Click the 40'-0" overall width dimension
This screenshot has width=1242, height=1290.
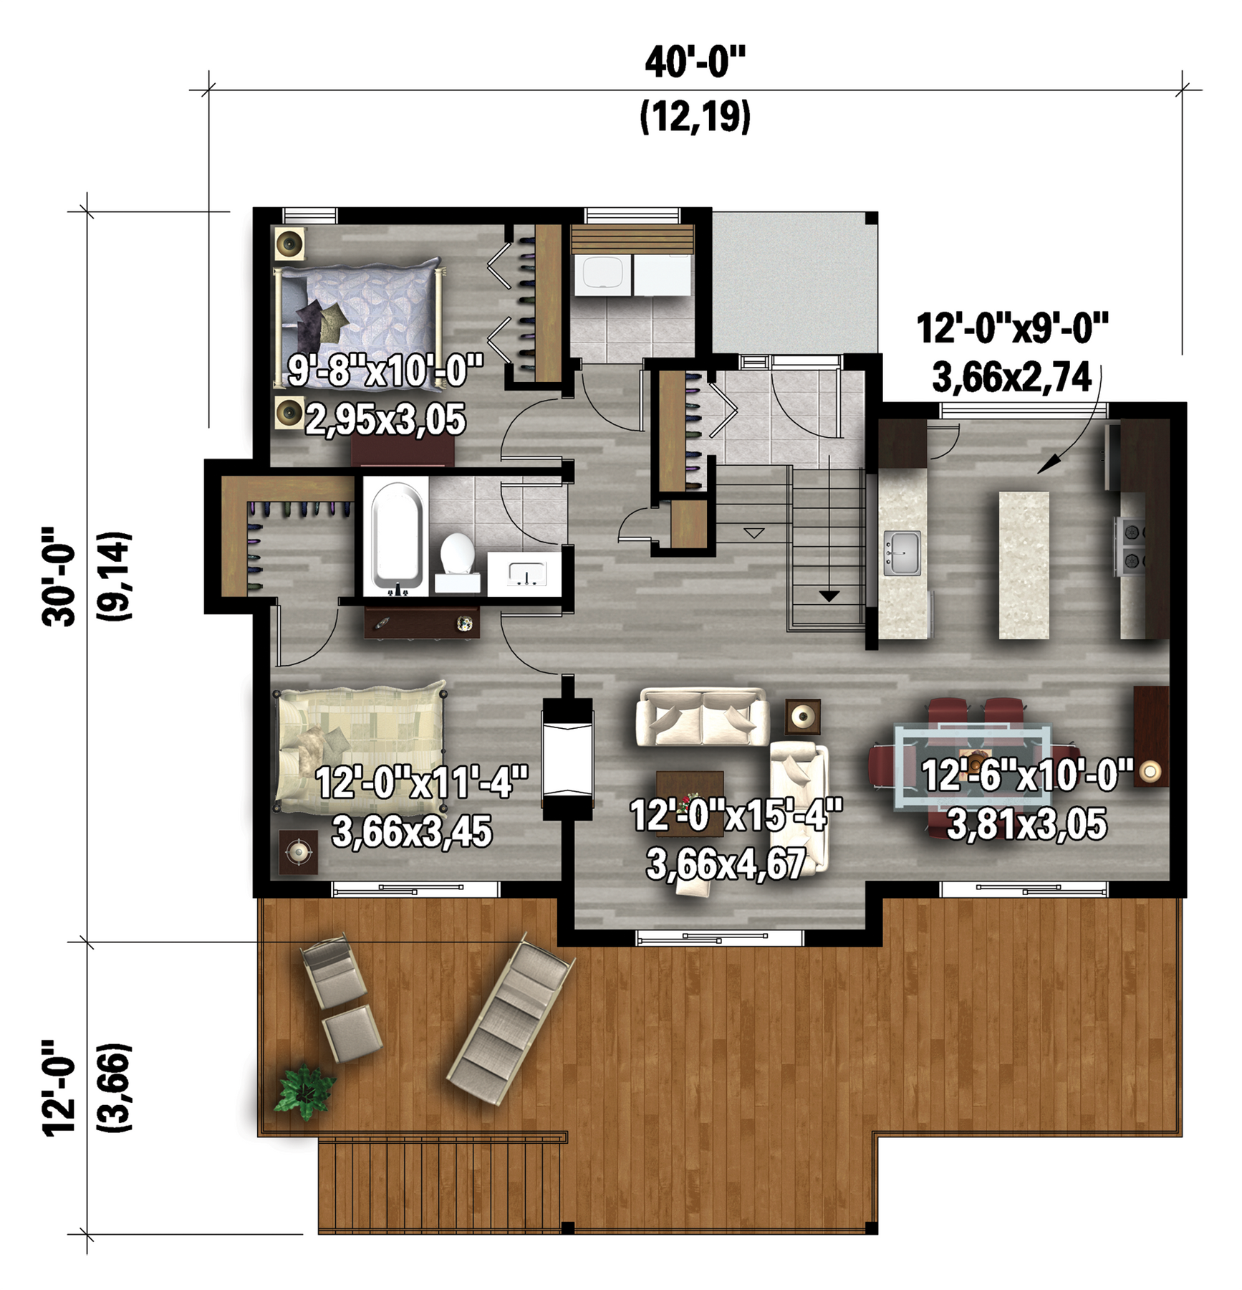(x=695, y=63)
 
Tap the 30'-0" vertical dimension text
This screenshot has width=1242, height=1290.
(x=59, y=577)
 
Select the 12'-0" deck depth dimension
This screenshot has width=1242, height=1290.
(x=59, y=1087)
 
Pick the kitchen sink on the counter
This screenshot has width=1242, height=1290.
(x=902, y=553)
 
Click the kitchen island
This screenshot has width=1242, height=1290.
(x=1024, y=565)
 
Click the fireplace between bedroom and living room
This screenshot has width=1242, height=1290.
(x=568, y=758)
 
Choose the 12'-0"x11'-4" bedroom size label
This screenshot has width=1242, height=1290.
(x=422, y=782)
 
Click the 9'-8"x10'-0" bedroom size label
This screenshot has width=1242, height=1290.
(x=385, y=371)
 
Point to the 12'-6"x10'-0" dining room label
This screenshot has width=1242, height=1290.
(x=1027, y=775)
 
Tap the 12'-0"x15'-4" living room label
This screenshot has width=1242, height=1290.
(x=736, y=816)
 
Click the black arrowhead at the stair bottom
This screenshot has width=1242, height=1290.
(x=829, y=596)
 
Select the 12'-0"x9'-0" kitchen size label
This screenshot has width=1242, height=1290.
(x=1013, y=329)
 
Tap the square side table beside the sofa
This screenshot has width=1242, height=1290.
(x=803, y=716)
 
